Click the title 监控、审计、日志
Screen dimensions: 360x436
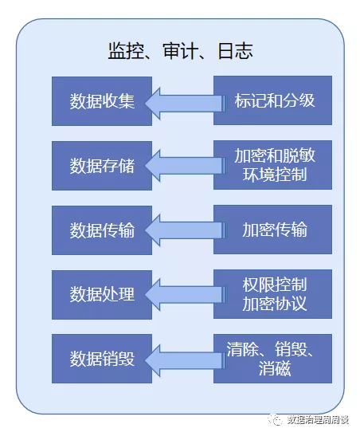tap(180, 51)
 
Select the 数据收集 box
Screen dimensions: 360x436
tap(102, 101)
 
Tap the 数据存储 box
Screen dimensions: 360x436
tap(102, 166)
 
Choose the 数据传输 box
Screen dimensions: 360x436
tap(102, 230)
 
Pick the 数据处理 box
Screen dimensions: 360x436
tap(102, 295)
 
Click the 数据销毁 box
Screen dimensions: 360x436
tap(102, 359)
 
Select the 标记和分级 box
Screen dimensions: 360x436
tap(272, 100)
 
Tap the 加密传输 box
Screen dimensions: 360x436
tap(272, 230)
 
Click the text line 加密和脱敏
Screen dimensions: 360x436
tap(275, 155)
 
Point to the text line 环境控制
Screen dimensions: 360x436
tap(275, 175)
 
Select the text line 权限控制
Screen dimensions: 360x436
tap(275, 285)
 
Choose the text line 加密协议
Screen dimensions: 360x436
tap(275, 304)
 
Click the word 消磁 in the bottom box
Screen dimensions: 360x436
tap(275, 368)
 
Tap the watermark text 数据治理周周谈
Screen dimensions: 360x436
tap(318, 419)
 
